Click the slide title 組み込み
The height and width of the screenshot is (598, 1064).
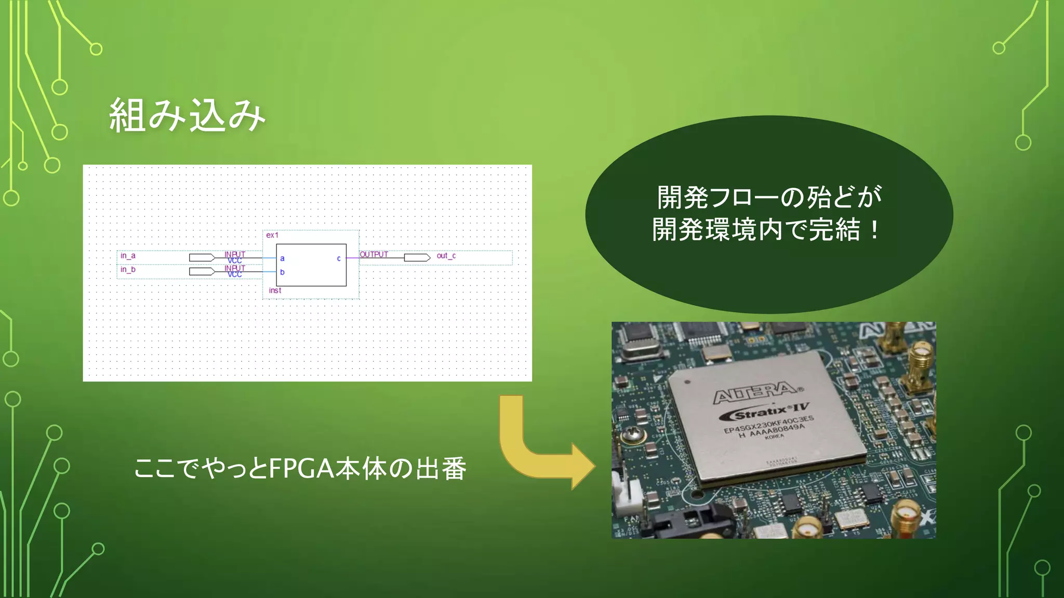point(187,115)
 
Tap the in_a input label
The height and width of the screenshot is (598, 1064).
point(128,255)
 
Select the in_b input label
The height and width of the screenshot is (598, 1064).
point(128,269)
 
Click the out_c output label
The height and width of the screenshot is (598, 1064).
point(446,255)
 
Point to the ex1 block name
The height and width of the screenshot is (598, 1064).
point(272,235)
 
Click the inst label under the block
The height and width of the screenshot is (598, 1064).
point(275,290)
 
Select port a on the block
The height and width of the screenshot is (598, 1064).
point(282,258)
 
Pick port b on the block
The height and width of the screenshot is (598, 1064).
point(282,272)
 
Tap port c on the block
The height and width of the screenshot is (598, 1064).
point(339,258)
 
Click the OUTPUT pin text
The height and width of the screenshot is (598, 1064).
point(374,254)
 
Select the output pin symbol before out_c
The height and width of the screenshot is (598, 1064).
point(417,257)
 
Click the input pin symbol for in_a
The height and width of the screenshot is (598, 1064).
point(202,257)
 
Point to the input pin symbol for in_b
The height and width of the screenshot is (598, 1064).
point(202,271)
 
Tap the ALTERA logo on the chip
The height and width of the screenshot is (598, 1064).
point(756,393)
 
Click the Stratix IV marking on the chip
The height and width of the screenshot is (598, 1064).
point(764,412)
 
